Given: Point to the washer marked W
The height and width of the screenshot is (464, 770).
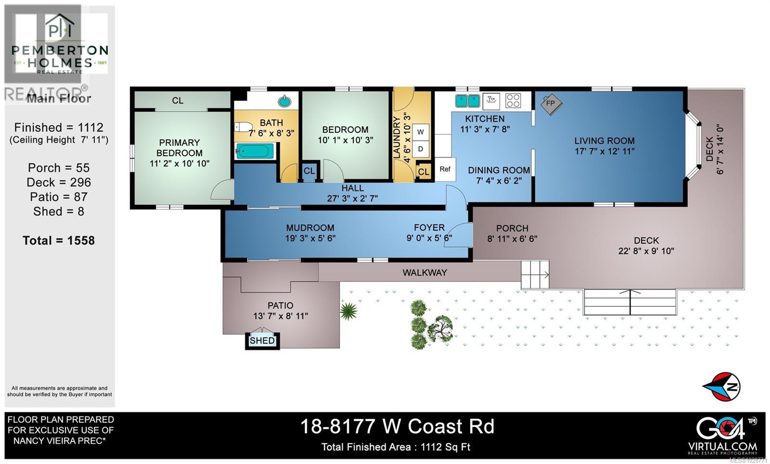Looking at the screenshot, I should point(421,132).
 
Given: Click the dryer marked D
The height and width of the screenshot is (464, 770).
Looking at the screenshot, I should point(421,149).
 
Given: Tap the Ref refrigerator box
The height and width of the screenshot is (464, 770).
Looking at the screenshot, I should point(445,169).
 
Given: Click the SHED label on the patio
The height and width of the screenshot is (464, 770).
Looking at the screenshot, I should point(262,341).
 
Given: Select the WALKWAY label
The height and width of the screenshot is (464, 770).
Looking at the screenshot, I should point(424,273).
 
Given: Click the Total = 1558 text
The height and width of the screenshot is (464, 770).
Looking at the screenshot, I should point(59,240).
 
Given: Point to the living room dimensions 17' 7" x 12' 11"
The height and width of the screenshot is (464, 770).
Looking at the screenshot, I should point(604,151).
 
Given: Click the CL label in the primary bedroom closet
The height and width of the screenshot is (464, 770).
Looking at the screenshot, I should point(178,100).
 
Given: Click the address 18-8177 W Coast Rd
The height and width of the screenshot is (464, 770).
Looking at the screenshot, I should point(397,426).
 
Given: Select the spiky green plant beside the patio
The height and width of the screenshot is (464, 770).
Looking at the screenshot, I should point(348,311).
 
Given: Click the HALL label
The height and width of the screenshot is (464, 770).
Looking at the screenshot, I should point(352,188).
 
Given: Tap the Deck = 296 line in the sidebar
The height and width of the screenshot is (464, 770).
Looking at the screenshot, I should point(59,182).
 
